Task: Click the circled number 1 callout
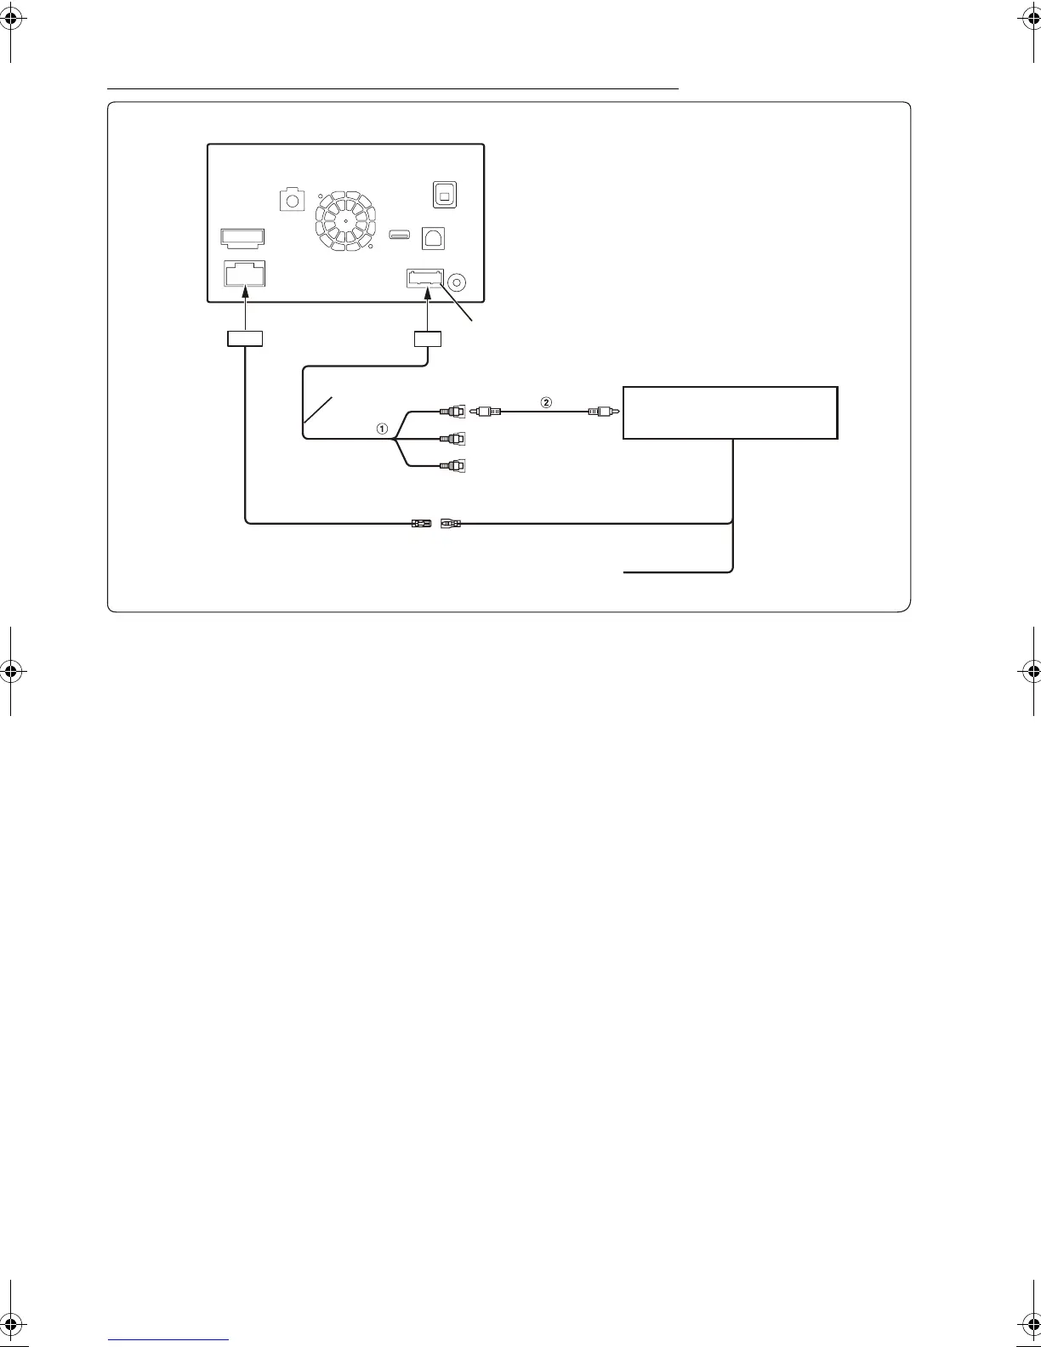[x=383, y=429]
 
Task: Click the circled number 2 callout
[x=547, y=401]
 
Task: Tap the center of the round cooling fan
[x=346, y=219]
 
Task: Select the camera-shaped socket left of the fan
[x=292, y=200]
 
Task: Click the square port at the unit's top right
[x=444, y=194]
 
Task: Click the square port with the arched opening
[x=434, y=239]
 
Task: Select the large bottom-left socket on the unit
[x=244, y=274]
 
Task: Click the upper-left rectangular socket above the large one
[x=242, y=236]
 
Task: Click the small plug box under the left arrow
[x=244, y=338]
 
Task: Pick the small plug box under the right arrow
[x=427, y=338]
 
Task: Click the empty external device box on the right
[x=730, y=412]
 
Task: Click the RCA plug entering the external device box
[x=600, y=412]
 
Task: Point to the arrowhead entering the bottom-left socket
[x=244, y=291]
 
